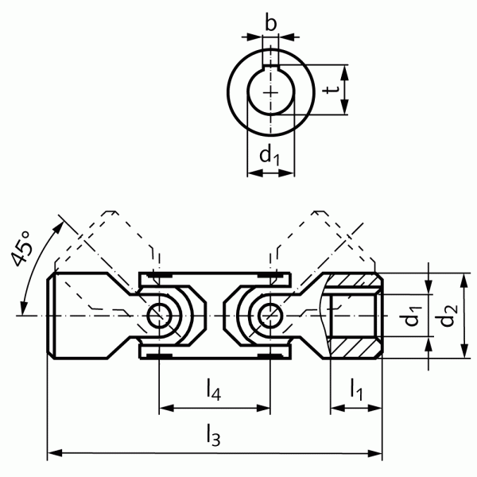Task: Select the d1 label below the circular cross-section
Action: point(271,156)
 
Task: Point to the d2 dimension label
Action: point(450,316)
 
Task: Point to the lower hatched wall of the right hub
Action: point(355,348)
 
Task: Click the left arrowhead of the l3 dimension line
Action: point(54,455)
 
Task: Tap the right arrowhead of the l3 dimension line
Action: point(376,455)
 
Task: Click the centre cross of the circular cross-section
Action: point(271,92)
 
